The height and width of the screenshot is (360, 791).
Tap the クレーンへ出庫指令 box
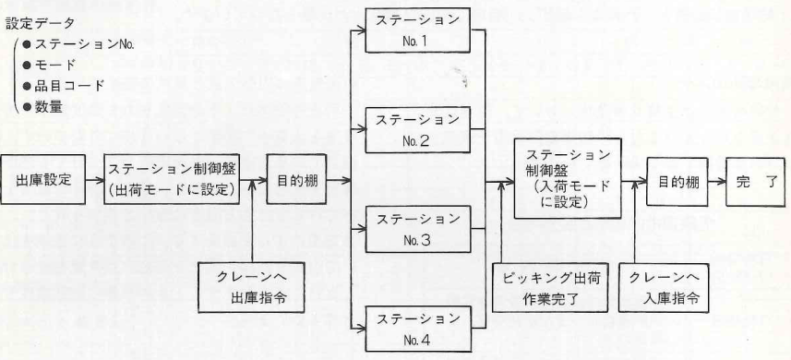coord(252,287)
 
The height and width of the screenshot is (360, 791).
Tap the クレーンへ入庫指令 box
coord(665,288)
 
